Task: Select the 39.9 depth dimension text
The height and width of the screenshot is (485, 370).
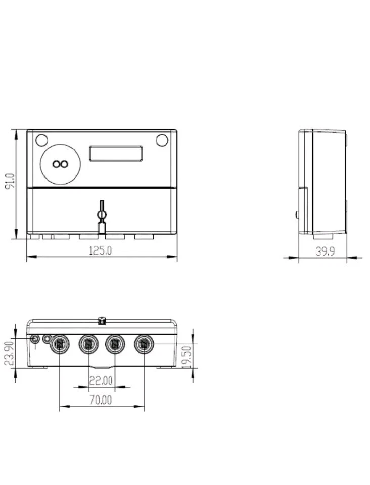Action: [325, 251]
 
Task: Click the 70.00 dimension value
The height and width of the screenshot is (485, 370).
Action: [101, 400]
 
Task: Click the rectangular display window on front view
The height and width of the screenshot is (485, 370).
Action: [116, 153]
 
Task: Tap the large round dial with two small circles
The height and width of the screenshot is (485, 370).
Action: [60, 164]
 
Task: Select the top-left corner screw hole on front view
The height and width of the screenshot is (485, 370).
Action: [41, 140]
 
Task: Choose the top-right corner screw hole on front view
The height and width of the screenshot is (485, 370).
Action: [162, 140]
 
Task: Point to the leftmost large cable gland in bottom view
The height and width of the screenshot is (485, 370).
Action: [60, 344]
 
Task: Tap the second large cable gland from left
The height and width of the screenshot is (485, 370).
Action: [88, 344]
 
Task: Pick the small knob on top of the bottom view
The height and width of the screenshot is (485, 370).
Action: [102, 319]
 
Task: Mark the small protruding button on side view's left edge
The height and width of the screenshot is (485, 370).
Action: [297, 214]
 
